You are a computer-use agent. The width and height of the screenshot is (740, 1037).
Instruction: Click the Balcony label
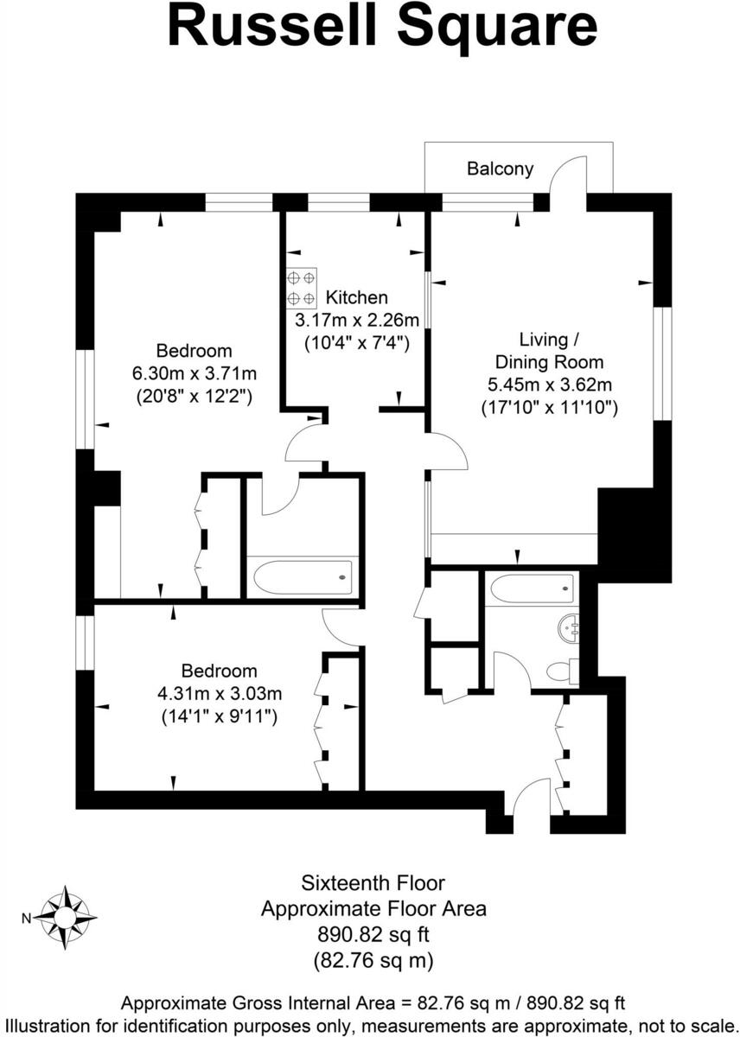[x=500, y=169]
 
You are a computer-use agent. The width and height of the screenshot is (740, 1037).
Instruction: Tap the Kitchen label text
[x=356, y=297]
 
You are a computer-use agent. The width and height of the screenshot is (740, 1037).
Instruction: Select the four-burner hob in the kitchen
[x=301, y=289]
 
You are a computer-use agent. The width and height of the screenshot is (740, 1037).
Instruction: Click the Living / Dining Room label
[x=548, y=350]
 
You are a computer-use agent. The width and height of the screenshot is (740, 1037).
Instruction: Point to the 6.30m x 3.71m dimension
[x=194, y=374]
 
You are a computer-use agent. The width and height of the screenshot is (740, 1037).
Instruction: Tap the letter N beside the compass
[x=26, y=918]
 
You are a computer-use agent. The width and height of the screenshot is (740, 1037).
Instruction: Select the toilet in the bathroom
[x=563, y=670]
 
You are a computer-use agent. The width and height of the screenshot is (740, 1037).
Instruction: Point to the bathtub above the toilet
[x=530, y=589]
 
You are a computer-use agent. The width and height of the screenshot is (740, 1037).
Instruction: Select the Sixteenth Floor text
[x=373, y=883]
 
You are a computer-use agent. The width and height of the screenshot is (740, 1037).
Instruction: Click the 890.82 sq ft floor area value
[x=373, y=934]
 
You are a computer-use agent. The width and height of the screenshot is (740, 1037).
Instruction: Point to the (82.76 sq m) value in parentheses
[x=373, y=959]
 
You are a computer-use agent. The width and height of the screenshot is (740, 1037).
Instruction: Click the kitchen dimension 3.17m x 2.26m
[x=356, y=320]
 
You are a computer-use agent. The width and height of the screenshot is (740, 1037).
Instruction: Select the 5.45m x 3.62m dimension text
[x=548, y=385]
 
